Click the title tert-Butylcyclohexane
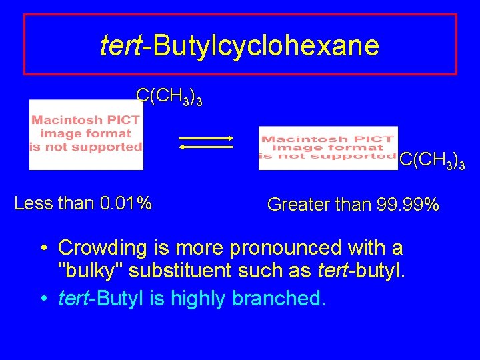click(x=239, y=45)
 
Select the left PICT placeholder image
click(x=86, y=134)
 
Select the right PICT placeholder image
click(x=327, y=147)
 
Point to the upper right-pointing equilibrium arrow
click(x=205, y=138)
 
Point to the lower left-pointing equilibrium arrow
click(x=205, y=148)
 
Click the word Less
click(x=31, y=202)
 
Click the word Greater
click(x=293, y=205)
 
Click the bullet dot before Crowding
click(x=42, y=249)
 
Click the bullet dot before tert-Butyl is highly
click(x=42, y=299)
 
